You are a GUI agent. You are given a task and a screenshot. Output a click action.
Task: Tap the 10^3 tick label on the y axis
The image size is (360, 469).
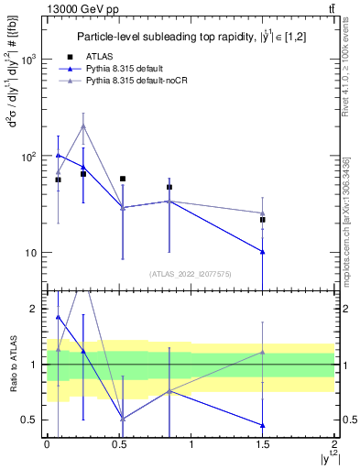28,60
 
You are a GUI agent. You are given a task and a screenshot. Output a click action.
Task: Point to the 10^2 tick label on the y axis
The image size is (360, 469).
28,157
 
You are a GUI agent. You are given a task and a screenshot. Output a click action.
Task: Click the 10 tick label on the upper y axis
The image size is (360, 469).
30,253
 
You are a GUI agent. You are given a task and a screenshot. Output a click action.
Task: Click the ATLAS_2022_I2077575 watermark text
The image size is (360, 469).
189,274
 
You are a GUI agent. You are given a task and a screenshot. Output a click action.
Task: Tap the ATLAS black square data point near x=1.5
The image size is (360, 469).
263,220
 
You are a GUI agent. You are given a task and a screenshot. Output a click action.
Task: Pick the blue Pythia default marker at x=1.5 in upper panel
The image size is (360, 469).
263,251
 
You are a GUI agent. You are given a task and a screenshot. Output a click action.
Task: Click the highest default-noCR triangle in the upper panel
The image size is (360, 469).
83,125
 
